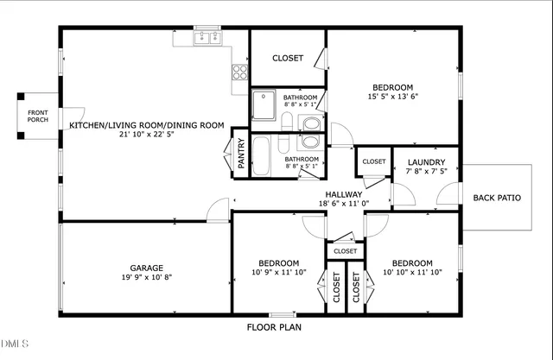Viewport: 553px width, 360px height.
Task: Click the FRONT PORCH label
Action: tap(37, 116)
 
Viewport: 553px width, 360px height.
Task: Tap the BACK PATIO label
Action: tap(497, 198)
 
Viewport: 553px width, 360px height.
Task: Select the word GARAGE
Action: tap(146, 268)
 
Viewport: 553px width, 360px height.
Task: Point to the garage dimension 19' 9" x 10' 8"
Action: tap(146, 278)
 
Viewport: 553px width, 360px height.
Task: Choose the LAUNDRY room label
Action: tap(426, 162)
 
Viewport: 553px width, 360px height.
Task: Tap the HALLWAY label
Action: tap(343, 194)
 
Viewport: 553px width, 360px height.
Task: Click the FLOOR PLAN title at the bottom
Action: tap(275, 328)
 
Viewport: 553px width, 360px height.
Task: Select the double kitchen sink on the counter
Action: tap(207, 37)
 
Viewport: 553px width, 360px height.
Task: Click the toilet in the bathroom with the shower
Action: tap(310, 123)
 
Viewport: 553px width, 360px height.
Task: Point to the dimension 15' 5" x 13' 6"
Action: tap(392, 98)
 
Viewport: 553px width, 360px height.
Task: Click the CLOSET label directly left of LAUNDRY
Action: tap(373, 161)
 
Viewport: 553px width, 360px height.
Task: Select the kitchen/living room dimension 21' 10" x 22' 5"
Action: tap(147, 136)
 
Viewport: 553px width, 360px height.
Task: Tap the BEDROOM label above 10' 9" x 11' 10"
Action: tap(279, 263)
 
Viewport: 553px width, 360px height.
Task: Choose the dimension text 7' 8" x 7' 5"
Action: tap(426, 172)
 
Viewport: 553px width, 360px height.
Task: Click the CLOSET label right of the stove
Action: tap(288, 58)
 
